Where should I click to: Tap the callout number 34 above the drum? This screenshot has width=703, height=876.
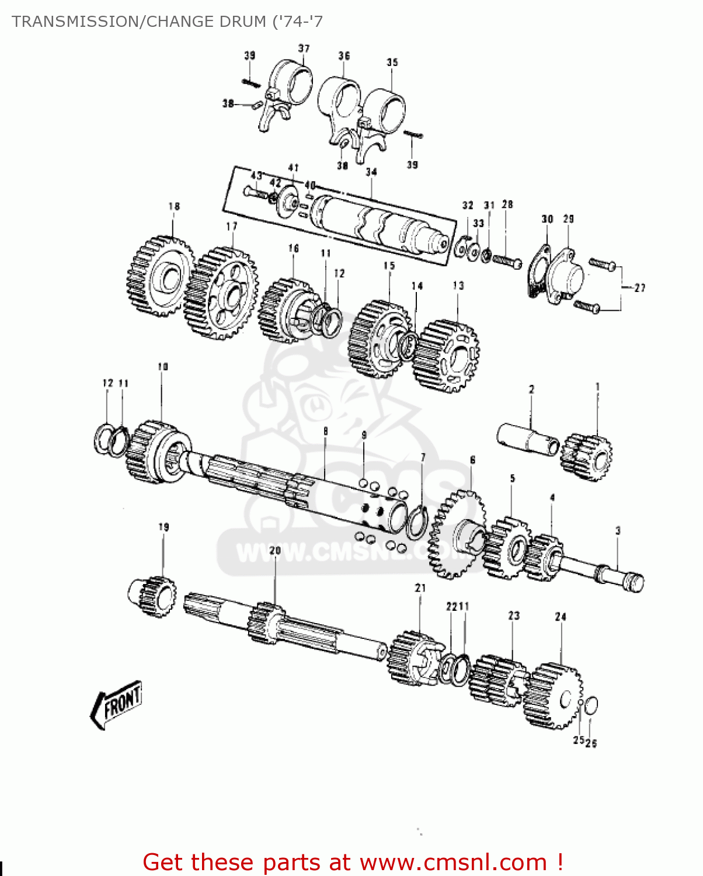[x=371, y=172]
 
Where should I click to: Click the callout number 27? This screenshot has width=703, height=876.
[x=640, y=287]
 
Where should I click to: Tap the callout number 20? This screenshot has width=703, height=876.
[x=275, y=551]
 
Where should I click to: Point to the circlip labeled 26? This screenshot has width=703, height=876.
[x=591, y=705]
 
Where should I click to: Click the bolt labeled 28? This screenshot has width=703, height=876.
[x=507, y=260]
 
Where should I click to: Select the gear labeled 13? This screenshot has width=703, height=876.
[x=447, y=355]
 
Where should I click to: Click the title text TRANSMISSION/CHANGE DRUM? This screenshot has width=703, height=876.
[x=167, y=22]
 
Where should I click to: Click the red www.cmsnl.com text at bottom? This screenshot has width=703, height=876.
[x=453, y=862]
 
